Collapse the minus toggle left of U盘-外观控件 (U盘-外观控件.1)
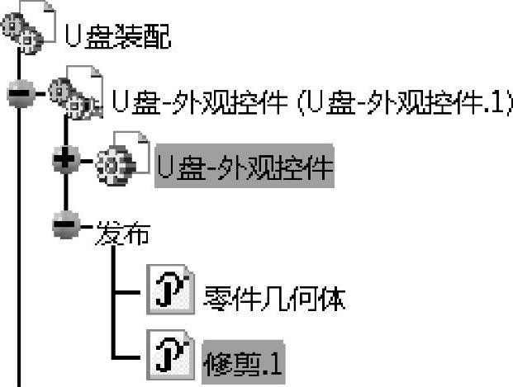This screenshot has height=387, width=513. pyautogui.click(x=18, y=94)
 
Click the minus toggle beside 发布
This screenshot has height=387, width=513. pyautogui.click(x=64, y=224)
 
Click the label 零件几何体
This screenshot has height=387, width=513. pyautogui.click(x=273, y=298)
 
